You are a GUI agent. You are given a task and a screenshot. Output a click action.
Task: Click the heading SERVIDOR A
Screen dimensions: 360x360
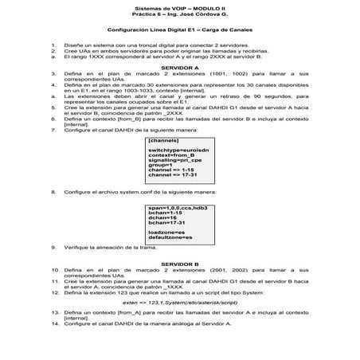tap(179, 68)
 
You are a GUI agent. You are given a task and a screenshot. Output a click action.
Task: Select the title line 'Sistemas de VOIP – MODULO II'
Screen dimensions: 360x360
tap(179, 6)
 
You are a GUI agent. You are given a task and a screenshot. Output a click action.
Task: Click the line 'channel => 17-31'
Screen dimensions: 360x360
tap(172, 174)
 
